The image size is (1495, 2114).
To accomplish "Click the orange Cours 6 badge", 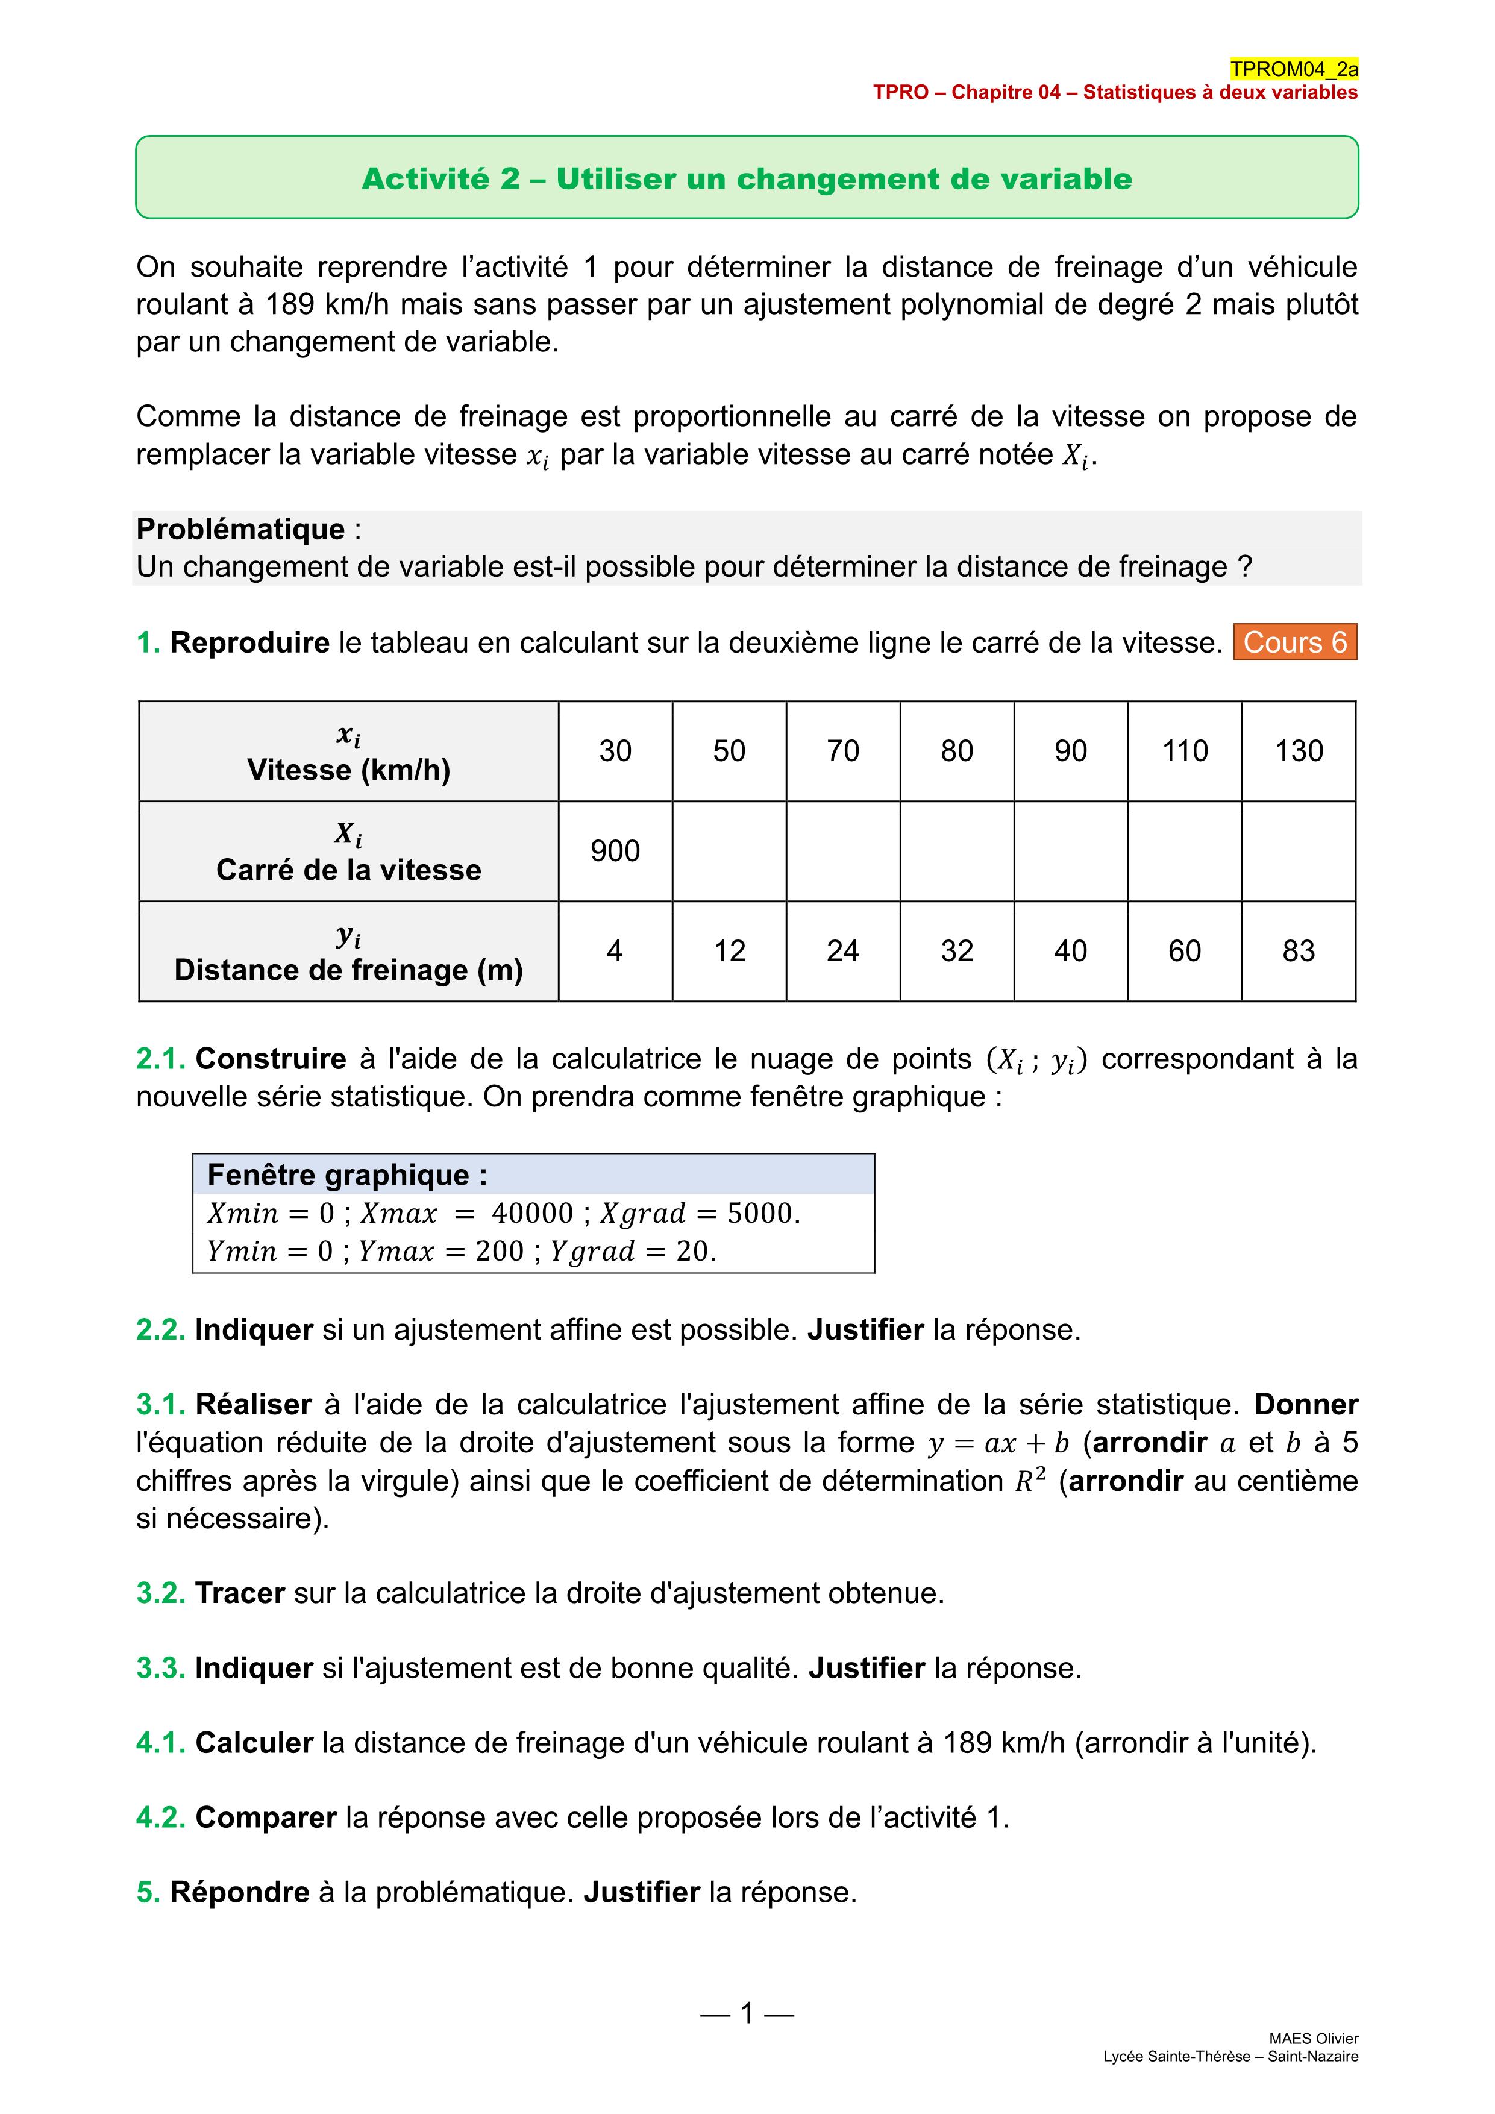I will (x=1294, y=642).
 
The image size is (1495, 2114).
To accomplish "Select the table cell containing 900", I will (x=615, y=851).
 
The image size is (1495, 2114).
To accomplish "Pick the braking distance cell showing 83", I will (x=1298, y=951).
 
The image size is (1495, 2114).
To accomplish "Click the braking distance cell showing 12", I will (x=729, y=951).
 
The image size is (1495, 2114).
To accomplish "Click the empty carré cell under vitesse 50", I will (x=729, y=851).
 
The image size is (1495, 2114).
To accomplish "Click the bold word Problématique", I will (x=240, y=530).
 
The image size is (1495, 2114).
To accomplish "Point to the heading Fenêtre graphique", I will (x=347, y=1175).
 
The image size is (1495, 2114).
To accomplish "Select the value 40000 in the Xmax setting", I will (x=532, y=1214).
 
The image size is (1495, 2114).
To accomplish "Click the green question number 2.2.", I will (x=161, y=1331).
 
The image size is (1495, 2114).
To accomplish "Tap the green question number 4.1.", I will (x=161, y=1743).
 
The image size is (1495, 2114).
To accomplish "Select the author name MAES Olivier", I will (x=1313, y=2039).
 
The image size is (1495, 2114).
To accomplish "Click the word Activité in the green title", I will (x=428, y=178).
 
